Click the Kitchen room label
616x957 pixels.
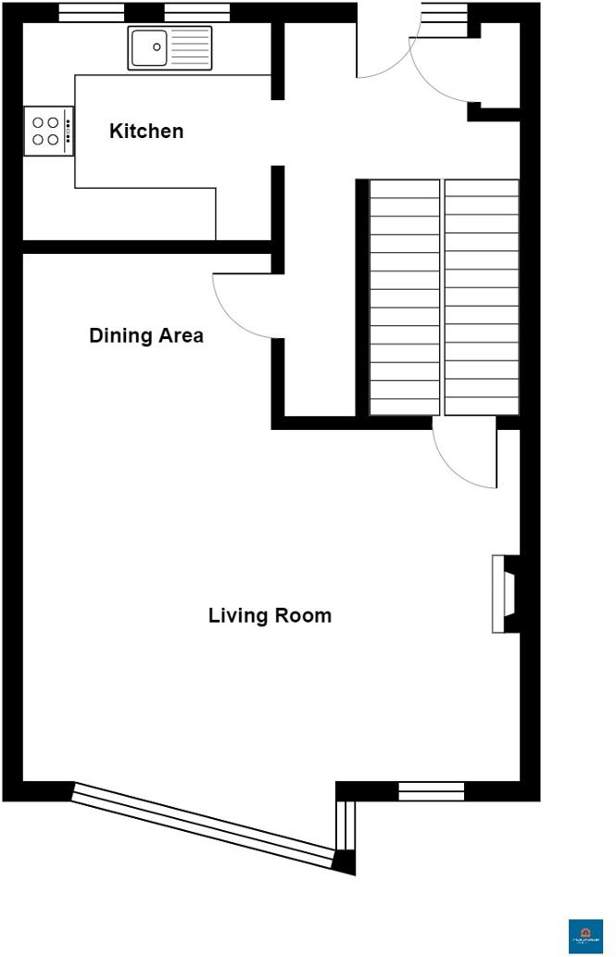(x=146, y=132)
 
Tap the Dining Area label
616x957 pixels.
(x=146, y=336)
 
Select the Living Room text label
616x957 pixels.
(x=270, y=616)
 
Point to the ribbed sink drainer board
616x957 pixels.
(x=190, y=47)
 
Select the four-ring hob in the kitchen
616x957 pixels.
(x=45, y=131)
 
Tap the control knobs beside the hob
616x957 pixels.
(x=69, y=131)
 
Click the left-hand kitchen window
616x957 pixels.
(x=91, y=12)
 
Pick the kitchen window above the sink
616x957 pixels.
(x=196, y=12)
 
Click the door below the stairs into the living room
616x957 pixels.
(x=466, y=454)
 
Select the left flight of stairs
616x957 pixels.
(x=404, y=297)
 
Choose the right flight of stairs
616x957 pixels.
(x=482, y=297)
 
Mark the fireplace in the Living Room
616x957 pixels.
(x=505, y=594)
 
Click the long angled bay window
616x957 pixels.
(x=204, y=825)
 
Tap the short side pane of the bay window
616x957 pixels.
(x=345, y=824)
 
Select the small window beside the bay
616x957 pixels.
(x=431, y=791)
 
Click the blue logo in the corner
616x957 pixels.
(x=585, y=935)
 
